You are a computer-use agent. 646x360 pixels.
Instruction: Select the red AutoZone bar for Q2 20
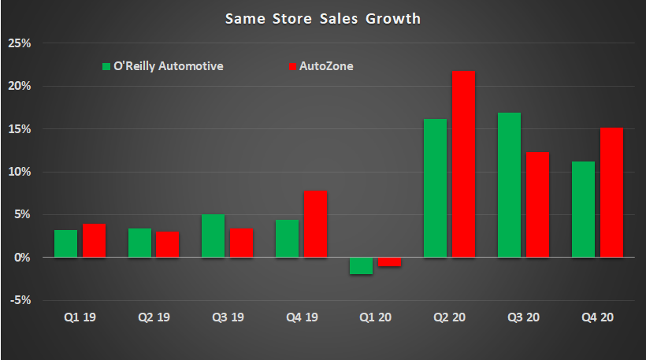tap(463, 164)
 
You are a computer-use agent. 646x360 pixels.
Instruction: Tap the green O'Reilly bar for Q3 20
tap(509, 185)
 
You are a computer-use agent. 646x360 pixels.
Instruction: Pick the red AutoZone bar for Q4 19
tap(316, 224)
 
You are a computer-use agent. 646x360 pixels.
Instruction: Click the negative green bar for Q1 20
tap(362, 265)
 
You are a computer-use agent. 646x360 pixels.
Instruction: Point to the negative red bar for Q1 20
tap(389, 262)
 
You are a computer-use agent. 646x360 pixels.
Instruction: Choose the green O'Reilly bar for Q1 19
tap(66, 243)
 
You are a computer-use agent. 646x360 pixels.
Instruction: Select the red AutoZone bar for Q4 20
tap(611, 192)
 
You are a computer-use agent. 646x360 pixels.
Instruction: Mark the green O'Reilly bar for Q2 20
tap(435, 188)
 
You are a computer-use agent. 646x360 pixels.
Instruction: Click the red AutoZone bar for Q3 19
tap(242, 243)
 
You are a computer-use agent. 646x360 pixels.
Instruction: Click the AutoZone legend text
tap(326, 67)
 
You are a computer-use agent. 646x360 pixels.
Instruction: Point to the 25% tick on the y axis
tap(19, 43)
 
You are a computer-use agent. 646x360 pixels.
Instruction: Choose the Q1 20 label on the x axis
tap(375, 317)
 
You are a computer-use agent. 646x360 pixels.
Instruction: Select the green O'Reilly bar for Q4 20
tap(583, 210)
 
